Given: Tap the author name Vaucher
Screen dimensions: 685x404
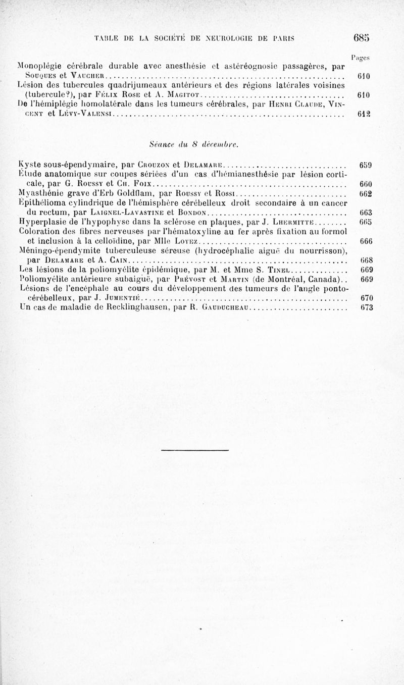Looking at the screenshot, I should tap(82, 76).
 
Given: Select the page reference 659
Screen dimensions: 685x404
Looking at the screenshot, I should tap(365, 165).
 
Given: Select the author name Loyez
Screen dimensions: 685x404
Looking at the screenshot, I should tap(181, 242).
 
